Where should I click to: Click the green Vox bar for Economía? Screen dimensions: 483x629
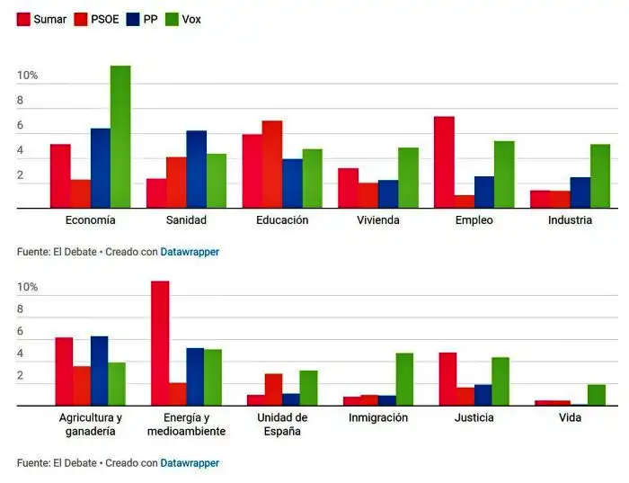pyautogui.click(x=120, y=137)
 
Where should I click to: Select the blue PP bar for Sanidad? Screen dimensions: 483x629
pyautogui.click(x=197, y=170)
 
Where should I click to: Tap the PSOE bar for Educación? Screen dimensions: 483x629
pyautogui.click(x=272, y=165)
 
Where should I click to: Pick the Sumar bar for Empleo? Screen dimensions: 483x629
pyautogui.click(x=444, y=163)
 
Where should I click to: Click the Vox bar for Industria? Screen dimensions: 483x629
pyautogui.click(x=600, y=176)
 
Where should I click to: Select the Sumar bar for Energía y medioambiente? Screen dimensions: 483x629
pyautogui.click(x=160, y=344)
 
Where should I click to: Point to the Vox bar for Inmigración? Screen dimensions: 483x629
pyautogui.click(x=404, y=380)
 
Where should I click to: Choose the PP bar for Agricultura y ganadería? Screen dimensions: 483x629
pyautogui.click(x=99, y=371)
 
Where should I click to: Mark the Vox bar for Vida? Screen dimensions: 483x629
pyautogui.click(x=597, y=395)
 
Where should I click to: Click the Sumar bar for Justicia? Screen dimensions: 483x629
pyautogui.click(x=447, y=379)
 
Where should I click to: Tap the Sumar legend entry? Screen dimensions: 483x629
pyautogui.click(x=41, y=19)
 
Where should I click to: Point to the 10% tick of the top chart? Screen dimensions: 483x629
pyautogui.click(x=27, y=76)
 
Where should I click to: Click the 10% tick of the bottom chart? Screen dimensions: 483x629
pyautogui.click(x=27, y=287)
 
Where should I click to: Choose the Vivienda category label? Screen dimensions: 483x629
pyautogui.click(x=377, y=220)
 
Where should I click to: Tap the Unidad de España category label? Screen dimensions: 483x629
pyautogui.click(x=282, y=425)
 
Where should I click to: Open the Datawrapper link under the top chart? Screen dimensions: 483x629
pyautogui.click(x=190, y=252)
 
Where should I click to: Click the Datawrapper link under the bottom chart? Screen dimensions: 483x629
pyautogui.click(x=190, y=463)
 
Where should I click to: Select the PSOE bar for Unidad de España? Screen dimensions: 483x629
pyautogui.click(x=273, y=389)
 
